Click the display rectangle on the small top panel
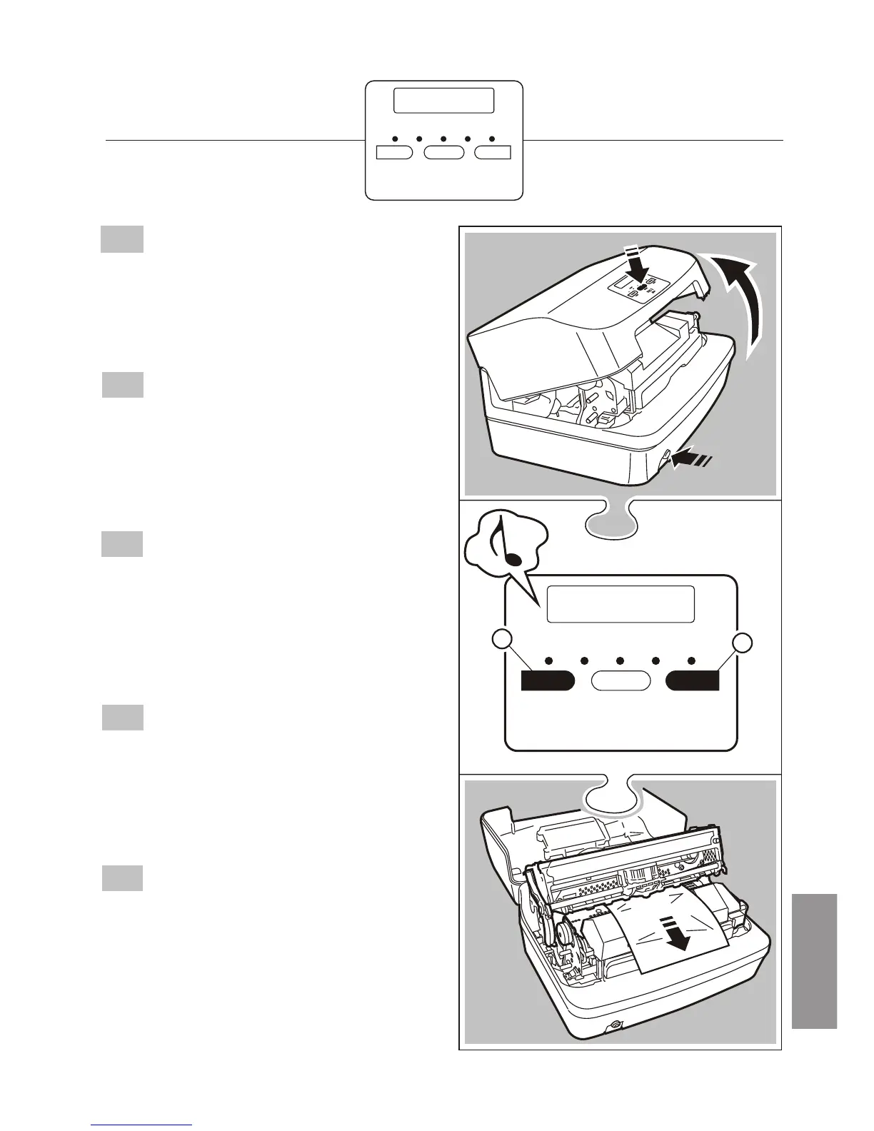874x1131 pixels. [x=443, y=101]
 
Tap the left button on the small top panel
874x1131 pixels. [x=394, y=152]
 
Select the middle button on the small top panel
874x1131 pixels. [x=444, y=152]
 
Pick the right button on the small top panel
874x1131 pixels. [x=493, y=152]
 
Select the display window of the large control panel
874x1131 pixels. [x=621, y=604]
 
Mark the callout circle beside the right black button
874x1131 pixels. [x=743, y=641]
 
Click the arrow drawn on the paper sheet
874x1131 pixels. [x=675, y=932]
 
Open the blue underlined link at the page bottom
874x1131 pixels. [x=142, y=1126]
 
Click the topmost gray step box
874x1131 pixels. [x=122, y=239]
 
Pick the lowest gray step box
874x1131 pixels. [x=122, y=878]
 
